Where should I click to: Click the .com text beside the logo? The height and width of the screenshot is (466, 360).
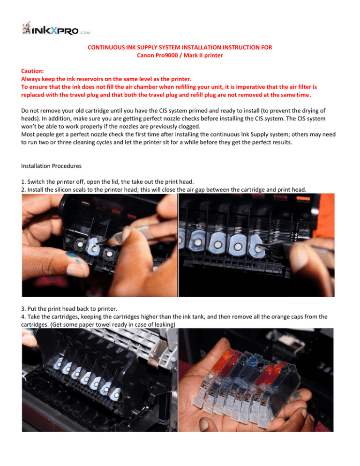pos(85,33)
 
